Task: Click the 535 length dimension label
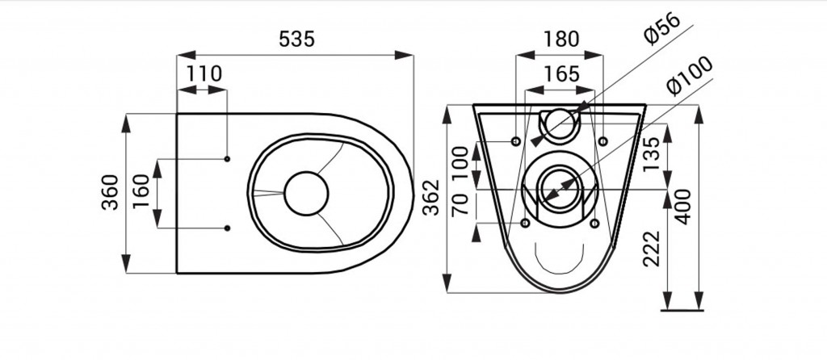(296, 39)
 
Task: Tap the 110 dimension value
(204, 73)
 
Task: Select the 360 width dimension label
(110, 192)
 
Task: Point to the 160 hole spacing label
(141, 191)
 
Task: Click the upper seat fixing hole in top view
(227, 159)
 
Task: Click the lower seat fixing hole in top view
(227, 228)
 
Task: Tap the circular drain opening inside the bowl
(306, 194)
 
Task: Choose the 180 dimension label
(560, 39)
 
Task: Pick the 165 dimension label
(560, 73)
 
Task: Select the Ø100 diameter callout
(690, 75)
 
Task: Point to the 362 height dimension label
(432, 197)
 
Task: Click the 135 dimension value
(652, 154)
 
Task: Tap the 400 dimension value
(683, 207)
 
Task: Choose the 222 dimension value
(652, 249)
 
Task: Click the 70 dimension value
(460, 204)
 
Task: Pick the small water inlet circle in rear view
(560, 123)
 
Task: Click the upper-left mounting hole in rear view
(516, 141)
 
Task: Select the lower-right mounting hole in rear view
(594, 224)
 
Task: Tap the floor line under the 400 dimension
(682, 311)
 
